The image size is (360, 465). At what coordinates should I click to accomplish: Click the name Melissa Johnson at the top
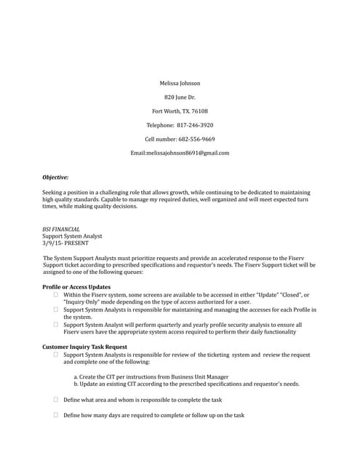[x=180, y=83]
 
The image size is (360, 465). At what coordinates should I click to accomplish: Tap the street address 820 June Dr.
[x=180, y=97]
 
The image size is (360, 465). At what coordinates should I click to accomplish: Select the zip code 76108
[x=199, y=111]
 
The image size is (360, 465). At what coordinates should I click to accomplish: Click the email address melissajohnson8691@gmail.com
[x=188, y=153]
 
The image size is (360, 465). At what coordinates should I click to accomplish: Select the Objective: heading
[x=55, y=177]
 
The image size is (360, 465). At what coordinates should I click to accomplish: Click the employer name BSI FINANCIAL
[x=61, y=229]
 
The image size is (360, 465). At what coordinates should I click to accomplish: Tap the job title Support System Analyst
[x=72, y=236]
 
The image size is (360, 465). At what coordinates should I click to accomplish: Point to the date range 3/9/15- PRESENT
[x=65, y=243]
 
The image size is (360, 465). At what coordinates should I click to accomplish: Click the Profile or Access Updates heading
[x=76, y=288]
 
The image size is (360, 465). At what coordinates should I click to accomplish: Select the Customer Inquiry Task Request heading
[x=84, y=347]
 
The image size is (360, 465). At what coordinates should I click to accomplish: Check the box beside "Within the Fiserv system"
[x=55, y=295]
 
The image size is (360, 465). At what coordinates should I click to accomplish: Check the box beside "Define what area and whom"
[x=55, y=400]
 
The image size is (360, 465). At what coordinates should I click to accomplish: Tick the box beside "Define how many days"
[x=55, y=415]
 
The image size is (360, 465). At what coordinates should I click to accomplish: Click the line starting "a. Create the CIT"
[x=151, y=377]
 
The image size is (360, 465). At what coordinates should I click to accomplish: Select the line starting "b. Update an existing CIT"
[x=186, y=384]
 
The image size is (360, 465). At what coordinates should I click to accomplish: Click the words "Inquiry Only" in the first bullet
[x=84, y=302]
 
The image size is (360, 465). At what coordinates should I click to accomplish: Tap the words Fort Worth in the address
[x=167, y=111]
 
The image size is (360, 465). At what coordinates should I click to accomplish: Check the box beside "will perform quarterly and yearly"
[x=55, y=325]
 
